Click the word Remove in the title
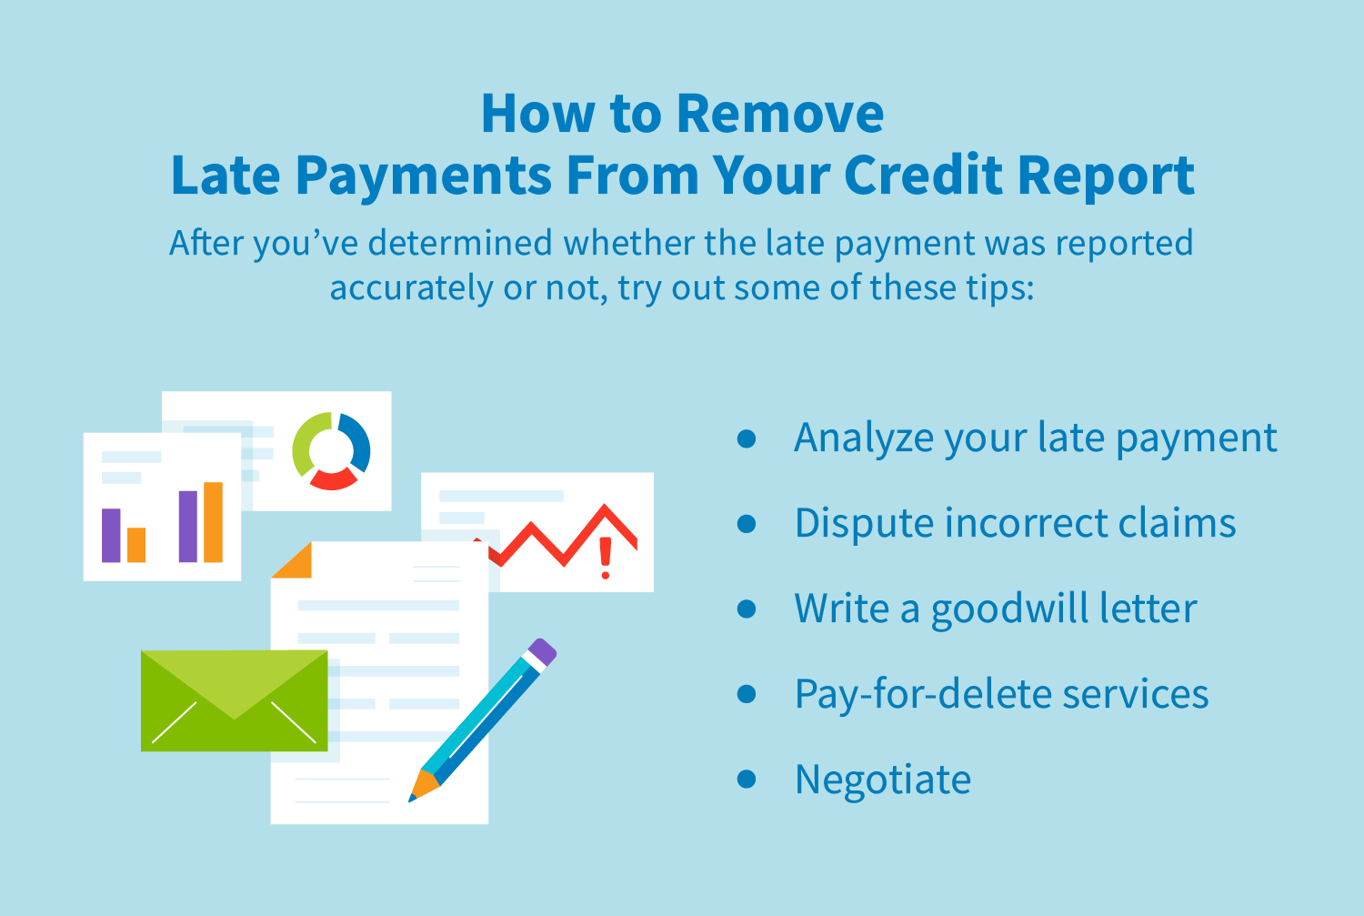tap(780, 114)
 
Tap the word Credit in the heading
tap(924, 175)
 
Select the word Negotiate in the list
tap(883, 780)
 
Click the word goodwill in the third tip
tap(1010, 609)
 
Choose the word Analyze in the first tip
tap(864, 438)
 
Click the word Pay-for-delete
tap(923, 694)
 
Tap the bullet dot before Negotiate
tap(747, 780)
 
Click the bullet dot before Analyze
tap(747, 438)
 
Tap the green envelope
tap(235, 700)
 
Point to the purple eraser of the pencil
tap(543, 651)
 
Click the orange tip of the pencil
tap(424, 786)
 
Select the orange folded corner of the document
tap(293, 561)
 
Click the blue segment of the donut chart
tap(356, 441)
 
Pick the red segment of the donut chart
tap(333, 479)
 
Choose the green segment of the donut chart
tap(304, 443)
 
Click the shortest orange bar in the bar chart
tap(136, 545)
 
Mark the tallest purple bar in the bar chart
tap(188, 526)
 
